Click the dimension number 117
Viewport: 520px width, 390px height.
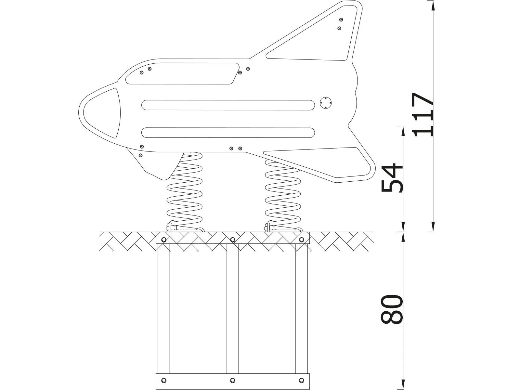pos(422,114)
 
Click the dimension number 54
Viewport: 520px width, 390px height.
pos(392,178)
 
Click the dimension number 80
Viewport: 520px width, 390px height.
pos(392,309)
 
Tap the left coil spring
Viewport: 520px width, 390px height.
pos(184,195)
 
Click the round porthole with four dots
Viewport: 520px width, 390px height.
pos(325,103)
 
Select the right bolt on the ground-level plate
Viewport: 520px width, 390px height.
pos(302,240)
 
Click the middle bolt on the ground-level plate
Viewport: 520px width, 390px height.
pos(233,240)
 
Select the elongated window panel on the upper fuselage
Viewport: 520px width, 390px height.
pos(182,74)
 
